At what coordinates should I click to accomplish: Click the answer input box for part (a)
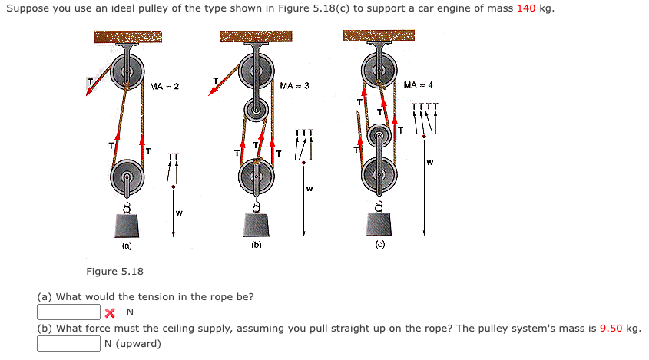[69, 312]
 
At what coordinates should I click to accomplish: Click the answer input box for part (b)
[69, 343]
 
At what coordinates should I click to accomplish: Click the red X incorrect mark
[111, 312]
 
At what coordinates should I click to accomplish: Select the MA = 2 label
[164, 86]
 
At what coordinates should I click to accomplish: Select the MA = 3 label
[295, 85]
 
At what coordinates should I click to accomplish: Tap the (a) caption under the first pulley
[126, 246]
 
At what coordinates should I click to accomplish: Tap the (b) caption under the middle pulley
[256, 246]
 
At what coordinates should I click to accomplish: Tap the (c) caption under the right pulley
[379, 244]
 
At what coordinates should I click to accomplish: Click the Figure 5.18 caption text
[114, 272]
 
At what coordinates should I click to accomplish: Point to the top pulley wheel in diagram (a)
[127, 74]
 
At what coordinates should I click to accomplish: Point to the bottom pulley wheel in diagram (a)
[127, 181]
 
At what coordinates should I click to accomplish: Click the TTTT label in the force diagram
[425, 107]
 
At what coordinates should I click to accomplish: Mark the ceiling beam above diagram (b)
[256, 37]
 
